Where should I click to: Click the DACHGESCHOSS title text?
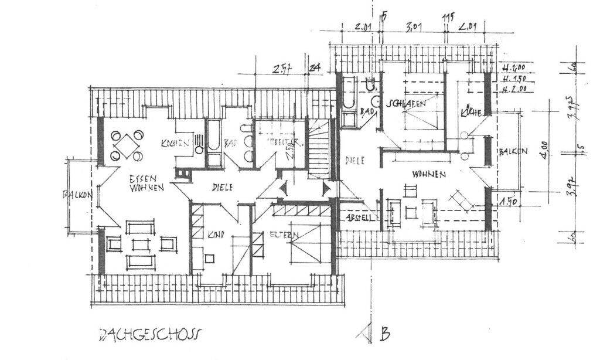tap(149, 334)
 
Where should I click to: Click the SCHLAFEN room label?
tap(405, 102)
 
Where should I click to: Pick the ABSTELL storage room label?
tap(359, 216)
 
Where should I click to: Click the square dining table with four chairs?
tap(125, 144)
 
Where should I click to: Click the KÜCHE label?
tap(471, 111)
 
